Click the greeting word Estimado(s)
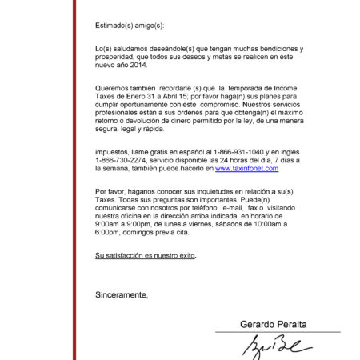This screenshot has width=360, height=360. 113,26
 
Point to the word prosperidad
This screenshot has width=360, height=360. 117,58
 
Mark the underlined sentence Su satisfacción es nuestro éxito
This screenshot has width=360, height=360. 145,256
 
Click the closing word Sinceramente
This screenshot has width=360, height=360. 121,295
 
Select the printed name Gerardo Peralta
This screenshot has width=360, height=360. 273,324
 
